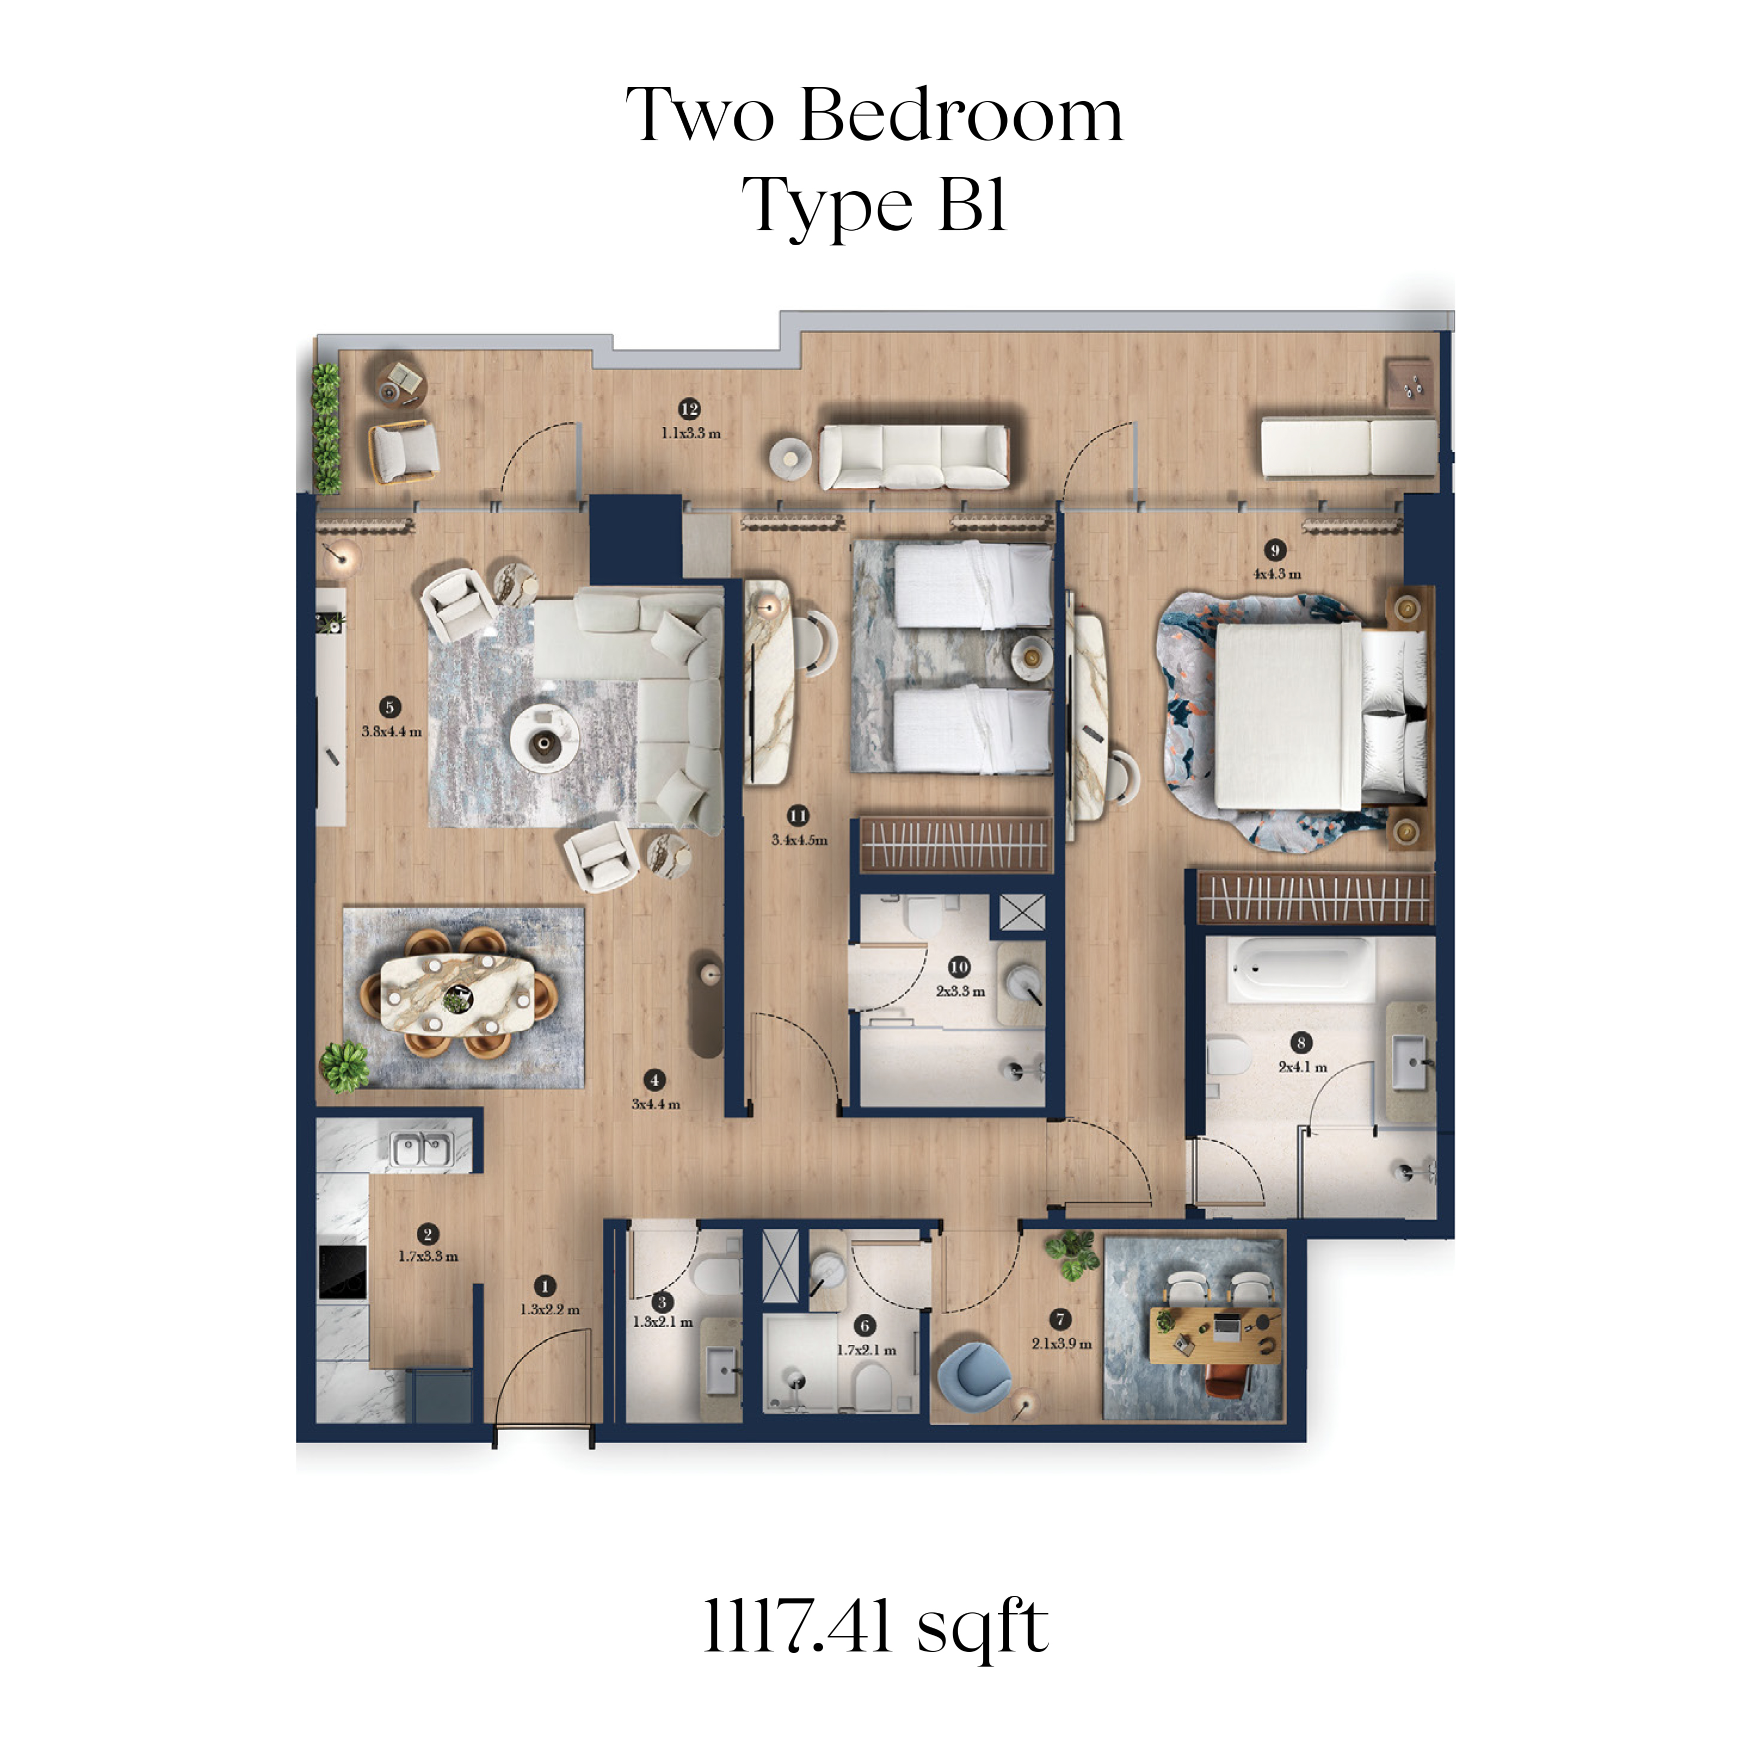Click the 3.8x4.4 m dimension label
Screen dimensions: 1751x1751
392,731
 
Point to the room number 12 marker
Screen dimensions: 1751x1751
690,409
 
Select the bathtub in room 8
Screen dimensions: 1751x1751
1299,970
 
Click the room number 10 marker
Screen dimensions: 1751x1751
959,967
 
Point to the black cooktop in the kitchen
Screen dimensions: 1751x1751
343,1272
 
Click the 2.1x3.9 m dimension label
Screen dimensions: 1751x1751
1061,1343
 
